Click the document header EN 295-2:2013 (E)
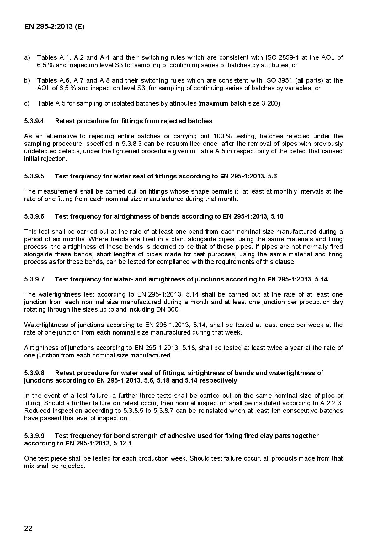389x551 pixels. click(54, 27)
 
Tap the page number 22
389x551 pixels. click(28, 528)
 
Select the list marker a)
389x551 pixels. click(27, 57)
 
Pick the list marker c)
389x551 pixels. click(27, 103)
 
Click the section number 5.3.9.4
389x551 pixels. click(34, 121)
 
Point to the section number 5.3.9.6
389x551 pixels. click(34, 216)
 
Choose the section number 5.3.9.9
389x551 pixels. click(34, 436)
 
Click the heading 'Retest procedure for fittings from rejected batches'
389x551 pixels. click(134, 121)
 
